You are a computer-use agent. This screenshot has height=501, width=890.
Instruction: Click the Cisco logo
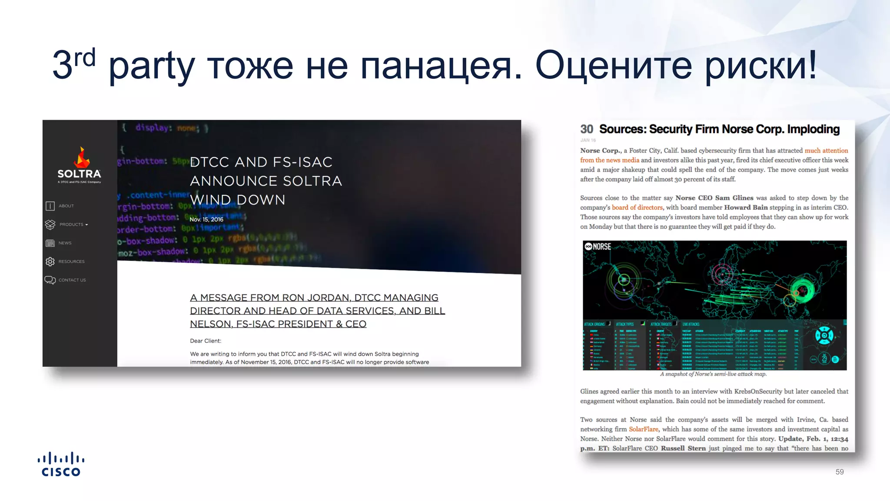click(61, 464)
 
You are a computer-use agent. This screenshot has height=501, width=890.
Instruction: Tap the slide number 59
click(839, 472)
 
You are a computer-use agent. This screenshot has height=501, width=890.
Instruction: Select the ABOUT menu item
click(66, 206)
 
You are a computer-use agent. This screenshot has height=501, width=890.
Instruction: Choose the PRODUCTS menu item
click(71, 224)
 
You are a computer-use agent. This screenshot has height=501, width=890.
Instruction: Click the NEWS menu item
click(65, 243)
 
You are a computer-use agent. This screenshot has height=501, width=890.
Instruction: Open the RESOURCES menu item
click(71, 261)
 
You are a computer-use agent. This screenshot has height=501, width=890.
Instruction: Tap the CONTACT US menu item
click(72, 280)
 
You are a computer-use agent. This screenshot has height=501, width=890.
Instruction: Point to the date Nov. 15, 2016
click(206, 220)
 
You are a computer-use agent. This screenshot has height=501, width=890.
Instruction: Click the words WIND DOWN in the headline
click(238, 200)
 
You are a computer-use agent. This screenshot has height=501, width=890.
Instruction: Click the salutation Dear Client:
click(206, 341)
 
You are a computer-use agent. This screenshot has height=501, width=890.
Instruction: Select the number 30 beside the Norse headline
click(586, 129)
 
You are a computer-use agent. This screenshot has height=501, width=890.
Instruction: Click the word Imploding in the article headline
click(813, 129)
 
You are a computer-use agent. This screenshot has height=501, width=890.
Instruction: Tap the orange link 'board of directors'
click(637, 207)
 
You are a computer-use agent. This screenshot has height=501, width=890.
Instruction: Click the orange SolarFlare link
click(644, 429)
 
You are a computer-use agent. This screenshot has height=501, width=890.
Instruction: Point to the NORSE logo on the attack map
click(598, 247)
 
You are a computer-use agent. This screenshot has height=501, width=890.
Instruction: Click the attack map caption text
click(713, 374)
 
